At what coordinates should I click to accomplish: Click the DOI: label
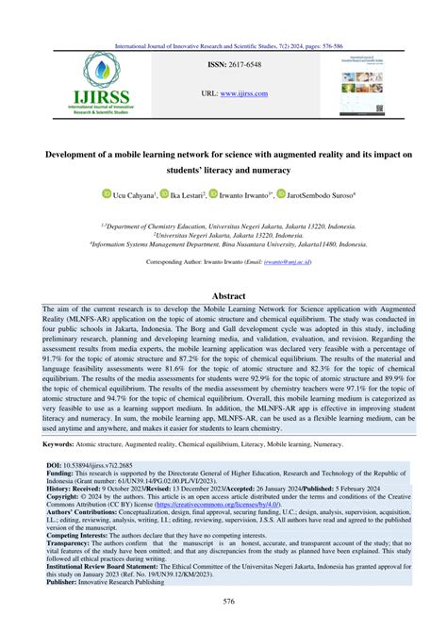pyautogui.click(x=53, y=467)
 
